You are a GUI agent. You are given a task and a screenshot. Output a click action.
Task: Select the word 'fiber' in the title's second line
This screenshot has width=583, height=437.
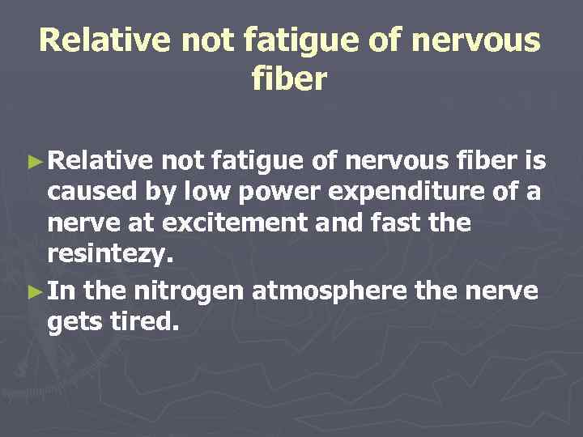point(290,80)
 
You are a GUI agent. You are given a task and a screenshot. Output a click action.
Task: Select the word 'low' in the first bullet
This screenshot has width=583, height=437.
point(206,193)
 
